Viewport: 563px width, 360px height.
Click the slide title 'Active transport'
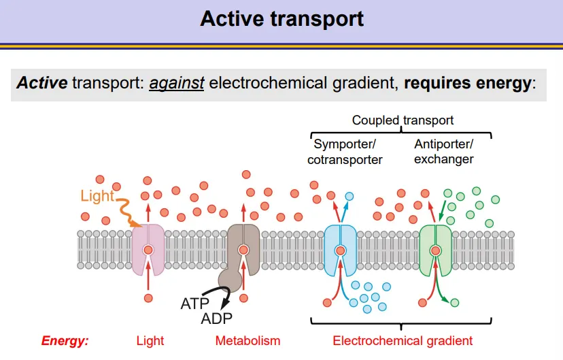click(281, 18)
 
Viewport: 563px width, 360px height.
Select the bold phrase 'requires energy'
click(467, 84)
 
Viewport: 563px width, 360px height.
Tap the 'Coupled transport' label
click(403, 120)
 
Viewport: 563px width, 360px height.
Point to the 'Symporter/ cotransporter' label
click(345, 152)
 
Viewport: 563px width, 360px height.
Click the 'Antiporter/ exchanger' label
click(443, 152)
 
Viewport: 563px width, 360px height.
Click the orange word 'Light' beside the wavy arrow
click(97, 197)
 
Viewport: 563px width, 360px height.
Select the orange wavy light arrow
click(126, 210)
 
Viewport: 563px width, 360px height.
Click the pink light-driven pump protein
click(148, 250)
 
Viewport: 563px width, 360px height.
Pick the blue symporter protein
click(339, 250)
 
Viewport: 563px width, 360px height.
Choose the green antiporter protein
click(435, 250)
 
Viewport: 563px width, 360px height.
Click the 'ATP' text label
click(195, 304)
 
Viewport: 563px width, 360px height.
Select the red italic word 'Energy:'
click(65, 341)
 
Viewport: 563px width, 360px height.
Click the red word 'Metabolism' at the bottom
click(248, 341)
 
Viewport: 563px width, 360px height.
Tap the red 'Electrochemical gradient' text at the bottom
click(403, 341)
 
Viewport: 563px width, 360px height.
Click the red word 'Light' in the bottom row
click(150, 341)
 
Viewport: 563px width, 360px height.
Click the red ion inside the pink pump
click(148, 250)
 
